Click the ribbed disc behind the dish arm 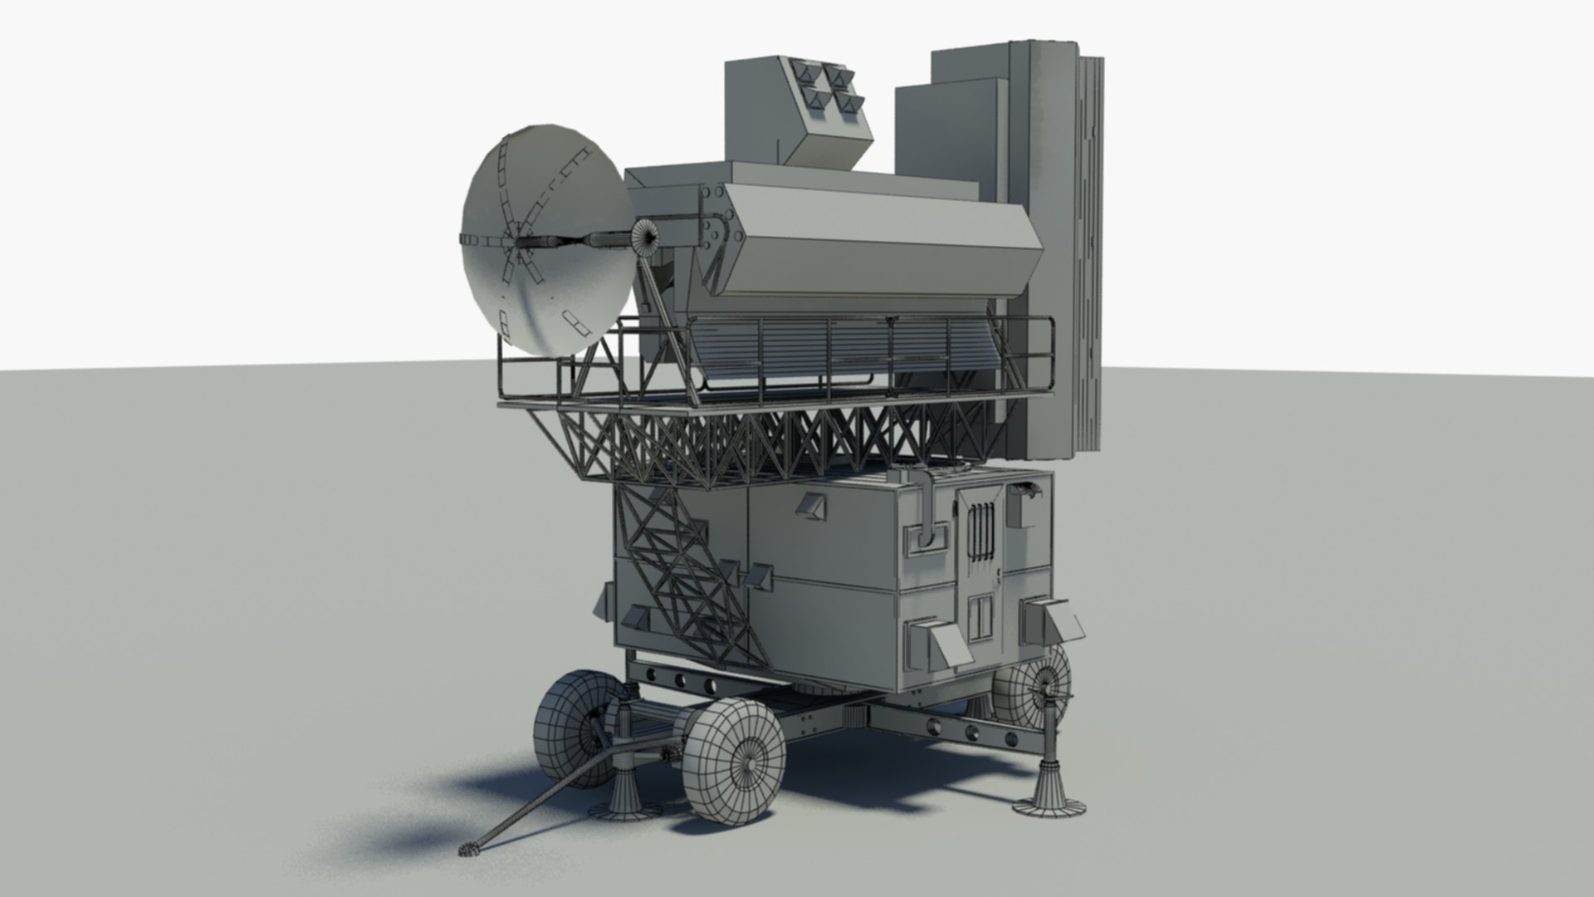(x=645, y=239)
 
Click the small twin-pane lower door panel (x=980, y=615)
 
